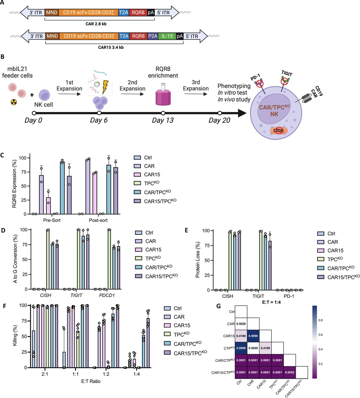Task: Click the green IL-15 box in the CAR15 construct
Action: [167, 36]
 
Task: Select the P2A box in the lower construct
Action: [153, 36]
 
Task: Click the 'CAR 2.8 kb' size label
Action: [96, 24]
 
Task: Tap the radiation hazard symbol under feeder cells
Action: [14, 102]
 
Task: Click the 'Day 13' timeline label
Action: [162, 121]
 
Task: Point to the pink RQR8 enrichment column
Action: [163, 95]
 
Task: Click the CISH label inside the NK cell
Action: [278, 131]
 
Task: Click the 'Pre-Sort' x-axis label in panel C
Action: [52, 220]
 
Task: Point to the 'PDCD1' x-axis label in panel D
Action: [107, 295]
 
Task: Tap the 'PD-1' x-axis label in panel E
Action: [289, 296]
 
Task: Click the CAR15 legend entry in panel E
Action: [335, 251]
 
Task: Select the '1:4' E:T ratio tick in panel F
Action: [136, 374]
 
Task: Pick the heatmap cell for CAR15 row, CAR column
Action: [253, 336]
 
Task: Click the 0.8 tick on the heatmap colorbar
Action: [320, 320]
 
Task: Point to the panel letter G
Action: [218, 306]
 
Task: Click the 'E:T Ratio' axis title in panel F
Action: [91, 381]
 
